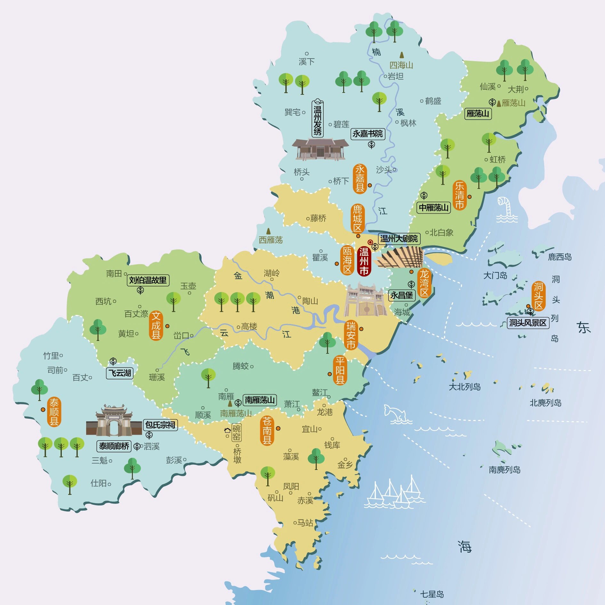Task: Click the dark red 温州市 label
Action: (364, 261)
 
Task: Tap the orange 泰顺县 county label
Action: (54, 412)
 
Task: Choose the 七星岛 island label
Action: (432, 594)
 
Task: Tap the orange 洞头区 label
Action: (538, 296)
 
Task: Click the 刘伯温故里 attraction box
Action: (148, 280)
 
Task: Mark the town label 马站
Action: (305, 523)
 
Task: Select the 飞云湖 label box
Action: (120, 373)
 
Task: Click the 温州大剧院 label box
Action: (399, 238)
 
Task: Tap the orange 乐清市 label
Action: (460, 195)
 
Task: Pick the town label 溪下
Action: (306, 61)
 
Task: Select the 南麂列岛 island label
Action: (504, 470)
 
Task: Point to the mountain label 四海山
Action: (401, 65)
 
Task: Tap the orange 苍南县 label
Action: (267, 431)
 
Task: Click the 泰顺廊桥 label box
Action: (114, 446)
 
